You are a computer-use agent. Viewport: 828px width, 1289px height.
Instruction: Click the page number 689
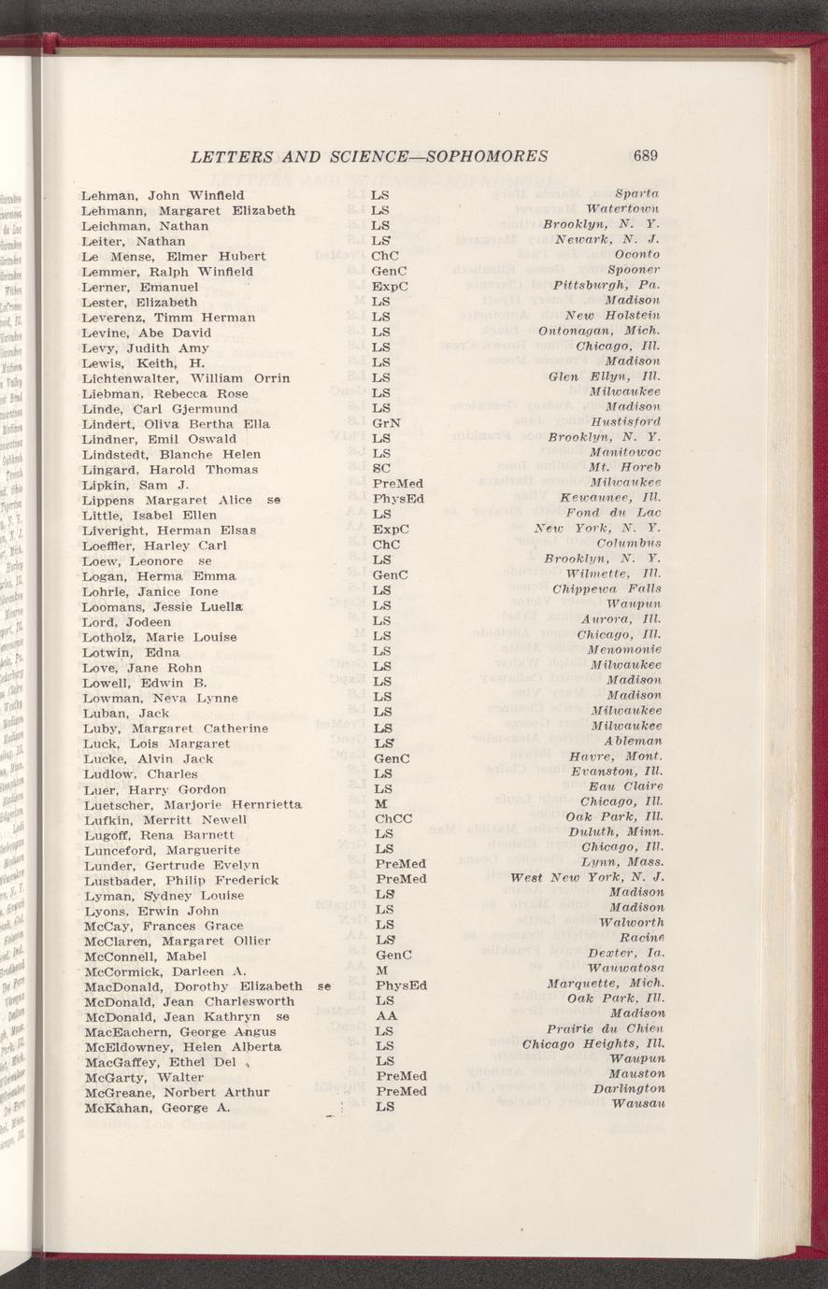647,156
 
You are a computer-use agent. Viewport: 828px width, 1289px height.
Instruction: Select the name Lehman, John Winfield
163,195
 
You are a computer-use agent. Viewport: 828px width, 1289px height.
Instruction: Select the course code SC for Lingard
379,469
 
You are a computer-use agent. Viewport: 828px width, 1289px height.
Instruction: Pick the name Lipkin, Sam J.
136,485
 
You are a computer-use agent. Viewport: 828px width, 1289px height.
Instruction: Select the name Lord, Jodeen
126,621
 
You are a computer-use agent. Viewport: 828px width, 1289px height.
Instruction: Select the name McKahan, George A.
156,1107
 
